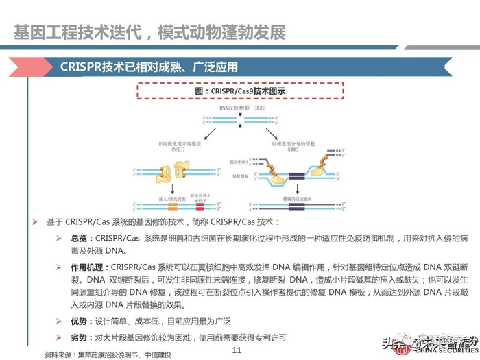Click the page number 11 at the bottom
(x=238, y=350)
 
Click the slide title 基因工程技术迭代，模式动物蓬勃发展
(x=149, y=32)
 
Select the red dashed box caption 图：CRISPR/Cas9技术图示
(x=239, y=91)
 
